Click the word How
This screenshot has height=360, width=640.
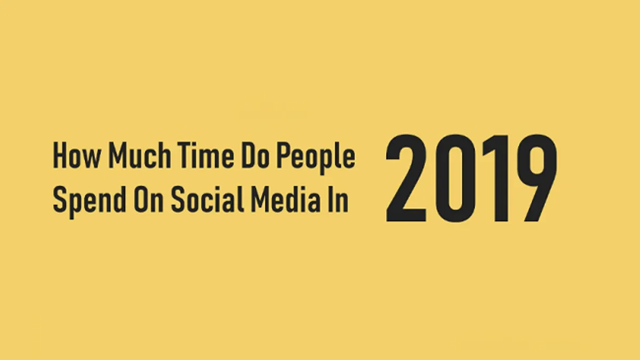tap(77, 156)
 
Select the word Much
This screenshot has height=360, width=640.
tap(140, 156)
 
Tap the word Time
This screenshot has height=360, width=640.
tap(206, 156)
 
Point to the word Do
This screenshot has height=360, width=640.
tap(255, 156)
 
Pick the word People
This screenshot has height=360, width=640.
tap(316, 158)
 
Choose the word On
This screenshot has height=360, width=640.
tap(148, 199)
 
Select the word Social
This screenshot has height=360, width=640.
tap(207, 199)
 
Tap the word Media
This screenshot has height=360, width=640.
tap(286, 199)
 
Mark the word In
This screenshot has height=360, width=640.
tap(338, 199)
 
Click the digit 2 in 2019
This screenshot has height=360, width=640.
tap(406, 178)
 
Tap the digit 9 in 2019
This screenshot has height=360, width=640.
tap(537, 178)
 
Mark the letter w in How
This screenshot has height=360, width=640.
tap(91, 159)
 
